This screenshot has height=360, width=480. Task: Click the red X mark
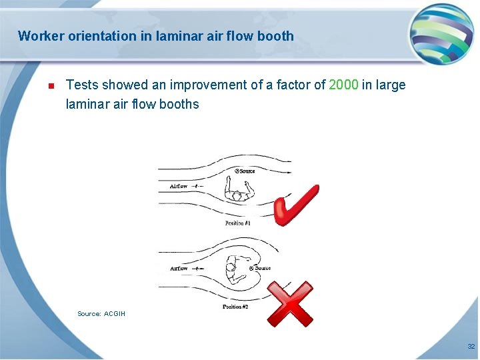pos(290,303)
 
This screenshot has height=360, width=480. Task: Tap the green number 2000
pos(343,85)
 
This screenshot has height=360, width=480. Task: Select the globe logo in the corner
pos(441,34)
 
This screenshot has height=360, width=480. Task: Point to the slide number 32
pos(471,347)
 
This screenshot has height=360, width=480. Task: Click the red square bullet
pos(49,85)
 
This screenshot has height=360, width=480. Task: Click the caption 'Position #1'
pos(238,223)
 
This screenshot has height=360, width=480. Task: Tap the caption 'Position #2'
pos(235,307)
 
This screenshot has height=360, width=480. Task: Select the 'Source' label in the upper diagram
pos(245,171)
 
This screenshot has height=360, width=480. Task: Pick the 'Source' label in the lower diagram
pos(260,268)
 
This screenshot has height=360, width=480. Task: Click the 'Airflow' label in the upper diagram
pos(179,186)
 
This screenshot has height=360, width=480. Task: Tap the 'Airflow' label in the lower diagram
pos(179,269)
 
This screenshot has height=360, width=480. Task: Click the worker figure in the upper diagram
pos(238,195)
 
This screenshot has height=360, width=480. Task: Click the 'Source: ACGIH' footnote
pos(101,313)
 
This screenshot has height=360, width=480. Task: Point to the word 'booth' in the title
pos(277,36)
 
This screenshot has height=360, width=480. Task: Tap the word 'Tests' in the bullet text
pos(82,85)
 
